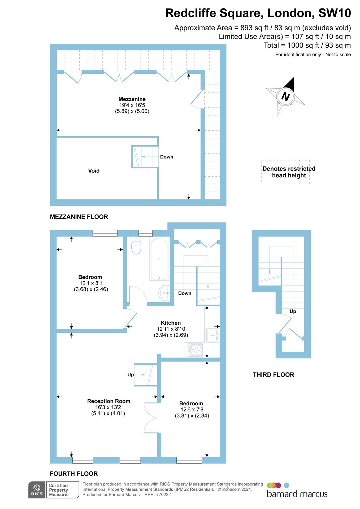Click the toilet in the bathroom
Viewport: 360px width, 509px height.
click(136, 246)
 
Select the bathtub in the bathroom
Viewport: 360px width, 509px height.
click(159, 258)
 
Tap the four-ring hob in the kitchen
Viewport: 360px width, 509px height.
click(195, 350)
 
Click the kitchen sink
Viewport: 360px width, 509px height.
click(213, 336)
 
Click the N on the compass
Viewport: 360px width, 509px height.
click(285, 96)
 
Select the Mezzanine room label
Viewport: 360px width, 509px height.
click(132, 99)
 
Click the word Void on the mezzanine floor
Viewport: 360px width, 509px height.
click(94, 171)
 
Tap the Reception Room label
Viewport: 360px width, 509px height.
click(109, 401)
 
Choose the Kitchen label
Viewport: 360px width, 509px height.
click(171, 323)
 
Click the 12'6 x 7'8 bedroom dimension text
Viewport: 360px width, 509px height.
click(192, 410)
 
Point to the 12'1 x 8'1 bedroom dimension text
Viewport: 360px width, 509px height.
click(91, 283)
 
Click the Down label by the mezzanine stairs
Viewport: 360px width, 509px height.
click(166, 157)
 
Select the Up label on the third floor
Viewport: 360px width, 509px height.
click(293, 311)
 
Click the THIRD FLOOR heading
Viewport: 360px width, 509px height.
click(273, 375)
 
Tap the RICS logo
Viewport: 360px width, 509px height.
click(37, 490)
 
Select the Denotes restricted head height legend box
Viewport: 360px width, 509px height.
click(289, 172)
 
